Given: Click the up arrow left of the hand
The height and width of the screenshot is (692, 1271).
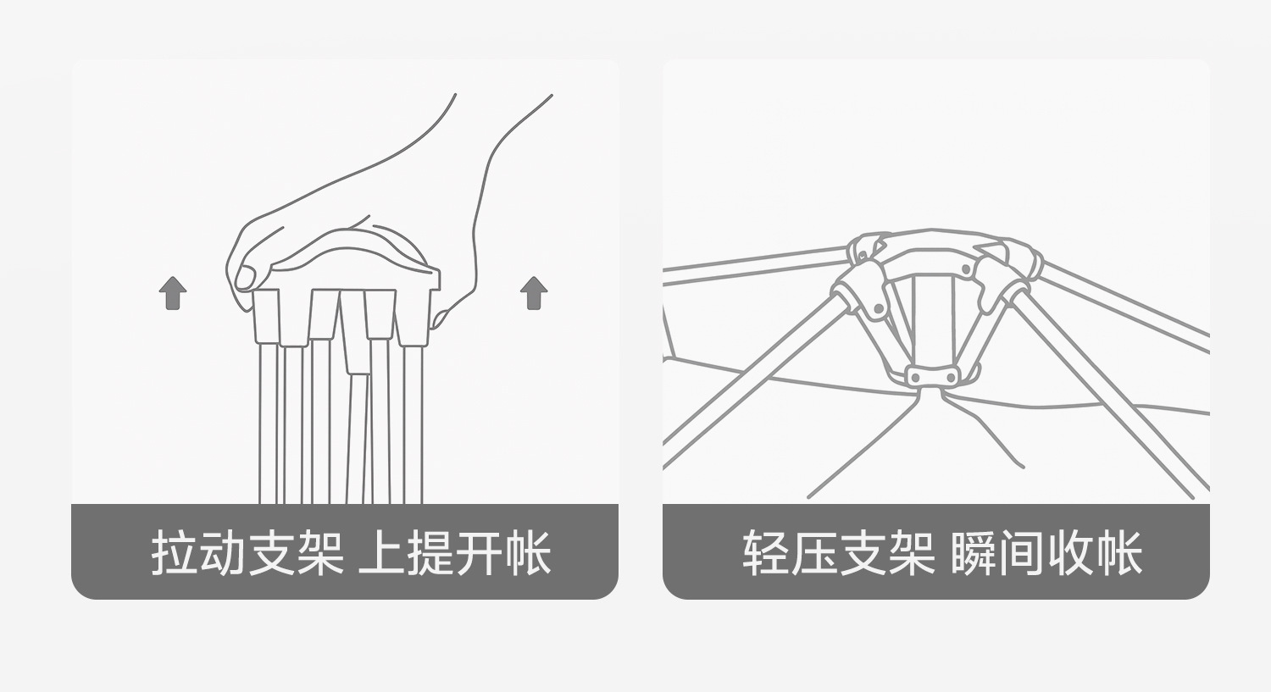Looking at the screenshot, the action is pos(173,293).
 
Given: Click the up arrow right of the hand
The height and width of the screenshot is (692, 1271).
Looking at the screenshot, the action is pos(534,293).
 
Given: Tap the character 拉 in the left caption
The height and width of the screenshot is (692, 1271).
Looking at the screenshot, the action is pos(175,554).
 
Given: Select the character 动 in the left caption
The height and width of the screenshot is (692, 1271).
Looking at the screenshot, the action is pos(223,554).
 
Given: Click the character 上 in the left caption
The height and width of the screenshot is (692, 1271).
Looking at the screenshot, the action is pos(381,554).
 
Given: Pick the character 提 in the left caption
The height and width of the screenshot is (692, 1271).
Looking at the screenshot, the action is pos(430,554).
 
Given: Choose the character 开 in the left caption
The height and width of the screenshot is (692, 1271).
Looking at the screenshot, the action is pos(480,554).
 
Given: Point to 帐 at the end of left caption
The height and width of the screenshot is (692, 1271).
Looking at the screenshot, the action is pos(528,554).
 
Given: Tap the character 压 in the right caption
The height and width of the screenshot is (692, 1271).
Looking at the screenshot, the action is pos(813,554).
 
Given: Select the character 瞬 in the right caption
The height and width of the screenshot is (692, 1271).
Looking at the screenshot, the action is pos(974,554).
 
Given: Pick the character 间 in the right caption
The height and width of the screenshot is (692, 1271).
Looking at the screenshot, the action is pos(1021,554).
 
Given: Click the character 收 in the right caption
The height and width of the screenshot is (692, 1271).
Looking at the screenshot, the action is pos(1070,554).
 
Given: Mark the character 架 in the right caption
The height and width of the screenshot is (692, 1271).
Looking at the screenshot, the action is pos(911,554).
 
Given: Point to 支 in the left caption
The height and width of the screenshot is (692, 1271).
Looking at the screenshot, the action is pos(271,554).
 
